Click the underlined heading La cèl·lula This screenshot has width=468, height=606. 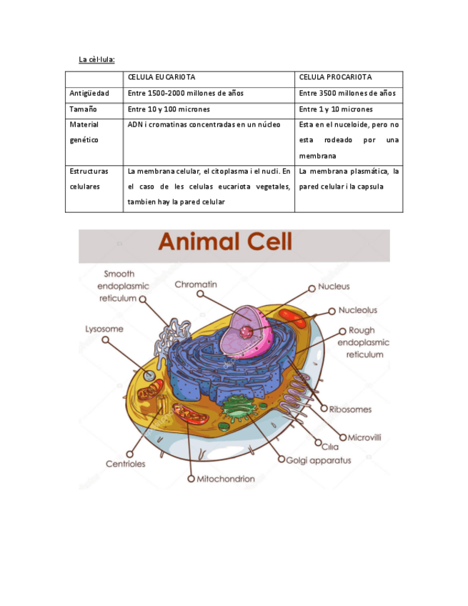coord(96,58)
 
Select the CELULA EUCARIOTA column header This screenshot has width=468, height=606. coord(161,76)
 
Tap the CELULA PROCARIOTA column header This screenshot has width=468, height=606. coord(335,76)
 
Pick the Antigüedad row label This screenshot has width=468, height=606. coord(89,94)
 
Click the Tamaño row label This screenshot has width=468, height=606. coord(83,109)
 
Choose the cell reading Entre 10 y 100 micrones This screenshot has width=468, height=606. coord(169,109)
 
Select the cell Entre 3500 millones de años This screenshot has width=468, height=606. coord(347,94)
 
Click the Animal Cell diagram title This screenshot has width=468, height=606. coord(225,242)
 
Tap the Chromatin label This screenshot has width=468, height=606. coord(196,284)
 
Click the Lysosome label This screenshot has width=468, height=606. coord(104,329)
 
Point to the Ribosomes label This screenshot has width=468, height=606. coord(350,409)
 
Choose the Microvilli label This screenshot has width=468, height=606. coord(369,437)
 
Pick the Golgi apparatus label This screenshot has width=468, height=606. coord(319,460)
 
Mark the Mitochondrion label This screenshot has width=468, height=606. coord(225,478)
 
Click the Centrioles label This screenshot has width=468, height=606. coord(126,464)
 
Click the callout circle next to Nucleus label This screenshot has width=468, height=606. coord(312,288)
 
